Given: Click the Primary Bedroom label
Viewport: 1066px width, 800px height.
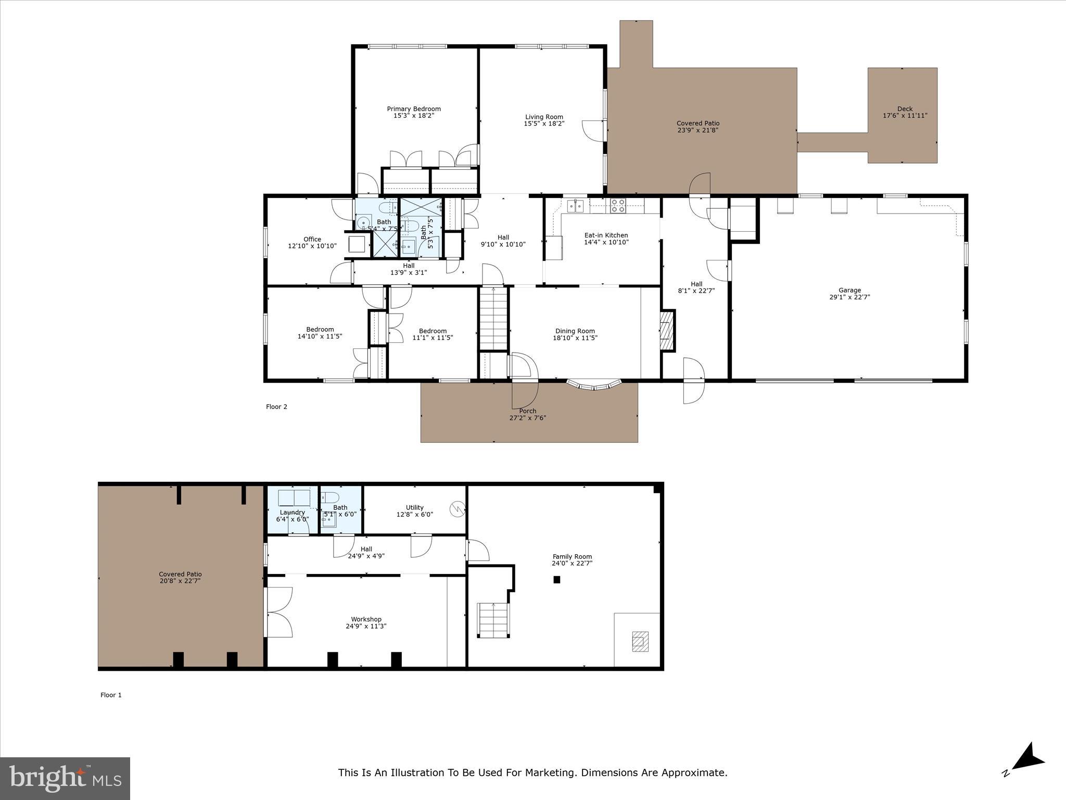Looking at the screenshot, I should pyautogui.click(x=414, y=109).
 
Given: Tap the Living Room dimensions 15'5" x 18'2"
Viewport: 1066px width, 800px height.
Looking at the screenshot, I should pyautogui.click(x=544, y=124).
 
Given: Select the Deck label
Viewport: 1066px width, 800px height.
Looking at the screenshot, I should pyautogui.click(x=905, y=109).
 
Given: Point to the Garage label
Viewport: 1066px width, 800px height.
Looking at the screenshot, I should pyautogui.click(x=849, y=290).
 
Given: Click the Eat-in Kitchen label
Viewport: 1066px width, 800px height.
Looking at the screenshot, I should pyautogui.click(x=606, y=235).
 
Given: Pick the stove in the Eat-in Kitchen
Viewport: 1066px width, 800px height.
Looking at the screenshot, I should pyautogui.click(x=618, y=206).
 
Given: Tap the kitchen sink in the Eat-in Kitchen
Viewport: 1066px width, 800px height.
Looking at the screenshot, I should pyautogui.click(x=575, y=206).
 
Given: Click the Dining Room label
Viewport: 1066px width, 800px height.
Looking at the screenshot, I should pyautogui.click(x=575, y=331).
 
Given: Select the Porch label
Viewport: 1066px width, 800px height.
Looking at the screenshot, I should pyautogui.click(x=527, y=411).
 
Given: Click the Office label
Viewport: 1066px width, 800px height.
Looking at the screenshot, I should pyautogui.click(x=312, y=239).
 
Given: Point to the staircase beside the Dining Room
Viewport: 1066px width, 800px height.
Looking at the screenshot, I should pyautogui.click(x=493, y=319).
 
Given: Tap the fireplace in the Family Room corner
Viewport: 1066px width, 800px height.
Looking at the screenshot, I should pyautogui.click(x=640, y=641).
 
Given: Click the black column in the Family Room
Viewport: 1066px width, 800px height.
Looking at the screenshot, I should pyautogui.click(x=556, y=579).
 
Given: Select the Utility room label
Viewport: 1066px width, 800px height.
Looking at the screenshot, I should pyautogui.click(x=414, y=507).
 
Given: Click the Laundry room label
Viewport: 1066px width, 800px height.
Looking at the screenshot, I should pyautogui.click(x=292, y=512).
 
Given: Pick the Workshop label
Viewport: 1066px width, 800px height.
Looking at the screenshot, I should pyautogui.click(x=366, y=619).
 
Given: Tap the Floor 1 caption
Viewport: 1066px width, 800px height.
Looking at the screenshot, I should pyautogui.click(x=111, y=695).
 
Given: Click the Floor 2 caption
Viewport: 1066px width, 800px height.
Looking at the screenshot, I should pyautogui.click(x=276, y=407).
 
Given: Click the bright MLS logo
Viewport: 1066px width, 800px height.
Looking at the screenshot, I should pyautogui.click(x=65, y=779).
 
